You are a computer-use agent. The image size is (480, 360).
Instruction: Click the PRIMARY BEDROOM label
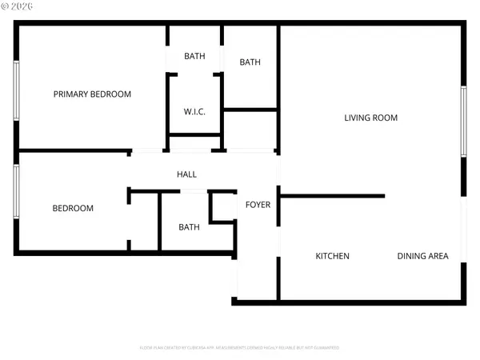tap(92, 94)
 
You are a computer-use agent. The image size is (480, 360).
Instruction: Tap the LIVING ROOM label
tap(370, 118)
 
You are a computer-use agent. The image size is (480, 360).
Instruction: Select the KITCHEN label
tap(332, 256)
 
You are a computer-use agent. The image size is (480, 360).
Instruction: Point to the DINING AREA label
tap(422, 256)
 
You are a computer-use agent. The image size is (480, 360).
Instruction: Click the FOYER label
tap(258, 205)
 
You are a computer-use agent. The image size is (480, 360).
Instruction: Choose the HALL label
tap(186, 174)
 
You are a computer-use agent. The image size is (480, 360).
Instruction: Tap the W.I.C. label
tap(194, 112)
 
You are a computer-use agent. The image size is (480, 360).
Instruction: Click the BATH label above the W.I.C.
tap(194, 56)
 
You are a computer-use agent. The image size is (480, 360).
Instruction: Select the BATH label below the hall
tap(189, 227)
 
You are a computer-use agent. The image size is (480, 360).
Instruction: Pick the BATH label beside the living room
tap(250, 62)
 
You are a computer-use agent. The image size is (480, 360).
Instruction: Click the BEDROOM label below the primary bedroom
tap(73, 209)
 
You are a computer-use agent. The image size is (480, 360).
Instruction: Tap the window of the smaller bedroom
tap(16, 191)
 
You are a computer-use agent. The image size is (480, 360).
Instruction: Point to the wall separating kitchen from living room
tap(332, 195)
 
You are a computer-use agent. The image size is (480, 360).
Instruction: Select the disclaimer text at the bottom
tap(239, 348)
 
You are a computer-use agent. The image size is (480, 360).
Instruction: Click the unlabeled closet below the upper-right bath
tap(250, 130)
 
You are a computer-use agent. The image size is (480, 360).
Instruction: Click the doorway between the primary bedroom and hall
tap(149, 151)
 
